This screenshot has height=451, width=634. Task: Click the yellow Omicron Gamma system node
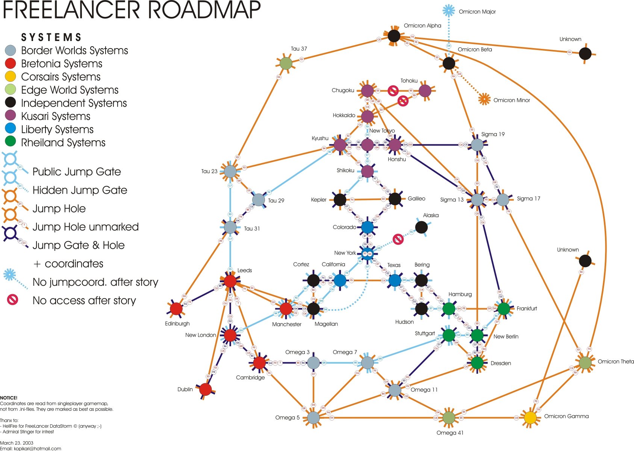pyautogui.click(x=530, y=418)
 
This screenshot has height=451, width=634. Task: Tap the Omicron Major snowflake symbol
pyautogui.click(x=448, y=11)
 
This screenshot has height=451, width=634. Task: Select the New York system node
pyautogui.click(x=367, y=254)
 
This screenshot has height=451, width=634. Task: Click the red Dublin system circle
pyautogui.click(x=205, y=389)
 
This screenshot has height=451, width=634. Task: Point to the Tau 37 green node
pyautogui.click(x=286, y=64)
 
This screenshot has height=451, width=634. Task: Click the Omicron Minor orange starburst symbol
pyautogui.click(x=484, y=99)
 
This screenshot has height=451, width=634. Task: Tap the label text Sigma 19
pyautogui.click(x=493, y=134)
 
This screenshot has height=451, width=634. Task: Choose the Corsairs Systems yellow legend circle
pyautogui.click(x=10, y=77)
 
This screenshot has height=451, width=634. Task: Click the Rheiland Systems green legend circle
pyautogui.click(x=10, y=142)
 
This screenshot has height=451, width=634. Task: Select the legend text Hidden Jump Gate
pyautogui.click(x=80, y=190)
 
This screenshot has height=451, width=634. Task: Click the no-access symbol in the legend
pyautogui.click(x=12, y=300)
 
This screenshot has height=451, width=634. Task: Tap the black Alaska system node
pyautogui.click(x=421, y=227)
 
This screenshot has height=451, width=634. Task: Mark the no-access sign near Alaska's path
pyautogui.click(x=398, y=239)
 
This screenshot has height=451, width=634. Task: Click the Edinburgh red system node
pyautogui.click(x=176, y=309)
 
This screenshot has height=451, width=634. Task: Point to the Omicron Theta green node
pyautogui.click(x=585, y=363)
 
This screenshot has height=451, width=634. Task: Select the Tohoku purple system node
pyautogui.click(x=425, y=91)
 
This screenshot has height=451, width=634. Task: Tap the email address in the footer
pyautogui.click(x=37, y=448)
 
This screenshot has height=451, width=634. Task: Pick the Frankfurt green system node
pyautogui.click(x=504, y=308)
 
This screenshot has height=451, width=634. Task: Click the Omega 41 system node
pyautogui.click(x=449, y=418)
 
